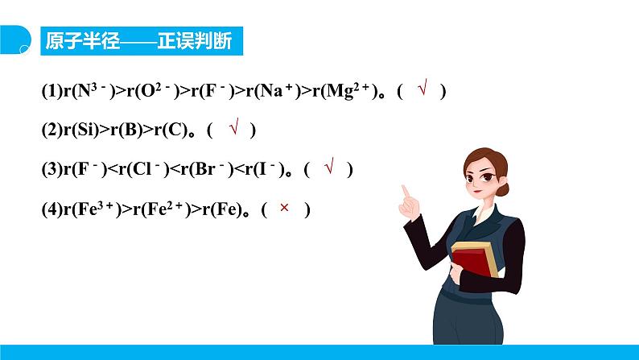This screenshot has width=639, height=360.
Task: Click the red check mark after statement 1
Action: [421, 90]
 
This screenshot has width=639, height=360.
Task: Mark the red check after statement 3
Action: [329, 168]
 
